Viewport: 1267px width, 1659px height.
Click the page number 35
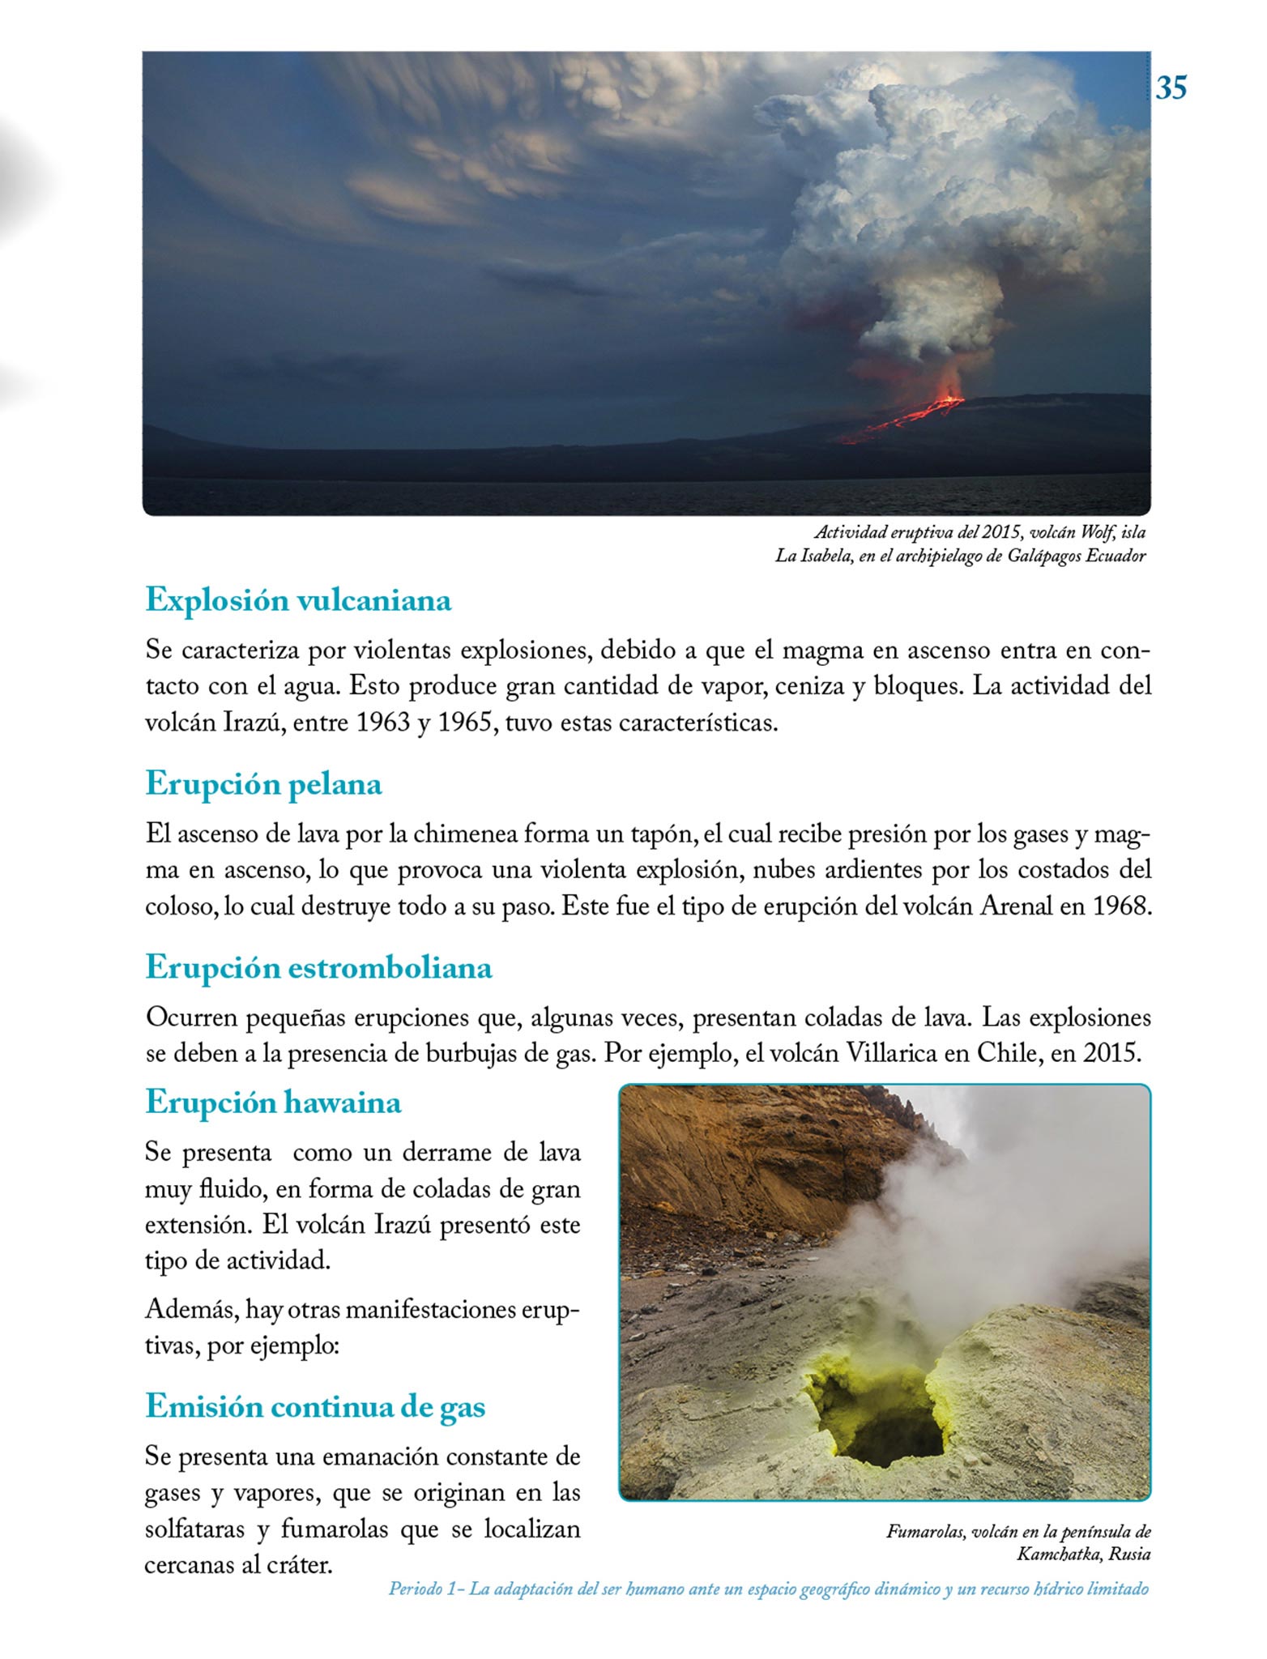point(1171,87)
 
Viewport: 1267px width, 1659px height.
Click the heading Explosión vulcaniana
point(298,600)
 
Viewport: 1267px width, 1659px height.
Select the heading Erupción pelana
point(263,783)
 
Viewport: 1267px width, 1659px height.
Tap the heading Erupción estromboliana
point(318,966)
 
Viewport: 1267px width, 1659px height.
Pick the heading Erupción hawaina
point(273,1102)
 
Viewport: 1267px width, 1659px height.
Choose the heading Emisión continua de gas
point(315,1406)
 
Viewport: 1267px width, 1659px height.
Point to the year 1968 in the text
point(1121,905)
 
